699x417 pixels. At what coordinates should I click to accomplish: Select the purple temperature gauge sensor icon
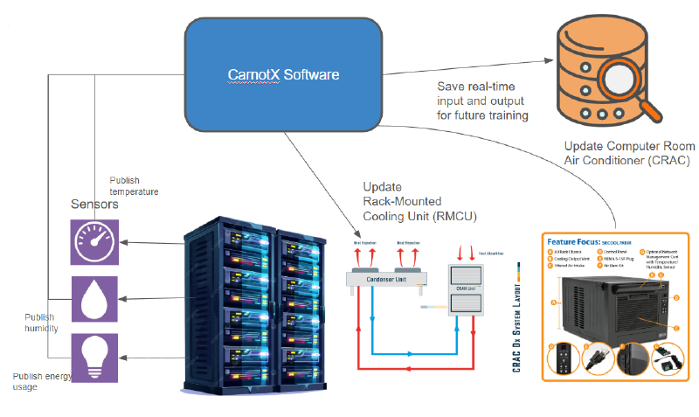click(x=95, y=241)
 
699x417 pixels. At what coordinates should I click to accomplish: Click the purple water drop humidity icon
click(x=95, y=299)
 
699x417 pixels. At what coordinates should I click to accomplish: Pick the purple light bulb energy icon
click(x=95, y=356)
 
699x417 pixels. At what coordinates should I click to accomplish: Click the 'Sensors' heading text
click(x=94, y=204)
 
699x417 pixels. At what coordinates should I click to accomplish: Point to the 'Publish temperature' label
click(x=134, y=184)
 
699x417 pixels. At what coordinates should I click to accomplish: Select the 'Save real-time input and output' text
click(x=483, y=101)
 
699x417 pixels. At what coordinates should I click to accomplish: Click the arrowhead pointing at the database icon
click(x=549, y=61)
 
